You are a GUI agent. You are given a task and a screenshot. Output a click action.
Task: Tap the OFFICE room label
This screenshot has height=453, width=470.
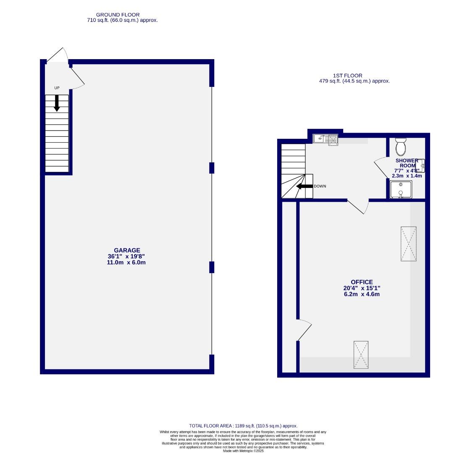point(362,282)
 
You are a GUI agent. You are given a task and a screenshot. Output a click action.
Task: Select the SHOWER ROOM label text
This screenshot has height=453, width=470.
point(407,163)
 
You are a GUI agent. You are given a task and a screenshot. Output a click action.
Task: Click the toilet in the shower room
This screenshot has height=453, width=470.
point(401,146)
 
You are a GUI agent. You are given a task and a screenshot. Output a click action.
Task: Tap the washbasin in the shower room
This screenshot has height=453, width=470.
point(420,166)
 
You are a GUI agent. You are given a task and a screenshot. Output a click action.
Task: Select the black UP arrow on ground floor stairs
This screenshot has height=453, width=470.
point(57,103)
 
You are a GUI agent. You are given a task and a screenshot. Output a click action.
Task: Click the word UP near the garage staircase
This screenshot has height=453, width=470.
point(57,88)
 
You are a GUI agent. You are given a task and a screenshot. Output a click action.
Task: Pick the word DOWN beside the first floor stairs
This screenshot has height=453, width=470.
point(320,186)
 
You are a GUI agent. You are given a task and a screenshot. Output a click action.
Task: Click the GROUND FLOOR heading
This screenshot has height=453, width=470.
point(118,15)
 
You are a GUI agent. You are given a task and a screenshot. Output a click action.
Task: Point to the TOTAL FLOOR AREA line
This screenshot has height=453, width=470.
point(243,426)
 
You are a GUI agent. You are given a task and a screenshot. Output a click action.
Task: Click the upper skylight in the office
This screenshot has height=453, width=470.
point(408,244)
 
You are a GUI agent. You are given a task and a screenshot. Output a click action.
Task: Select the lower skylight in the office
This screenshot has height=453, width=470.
point(361,355)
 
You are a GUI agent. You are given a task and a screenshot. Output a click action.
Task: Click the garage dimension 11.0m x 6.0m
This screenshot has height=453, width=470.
point(126,263)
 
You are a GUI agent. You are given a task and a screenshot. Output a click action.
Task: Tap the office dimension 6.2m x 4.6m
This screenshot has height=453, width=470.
point(362,294)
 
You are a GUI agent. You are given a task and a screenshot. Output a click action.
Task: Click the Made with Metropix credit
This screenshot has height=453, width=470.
point(243,451)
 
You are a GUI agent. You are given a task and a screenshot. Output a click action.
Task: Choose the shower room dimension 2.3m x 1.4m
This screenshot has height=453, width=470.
point(407,176)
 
